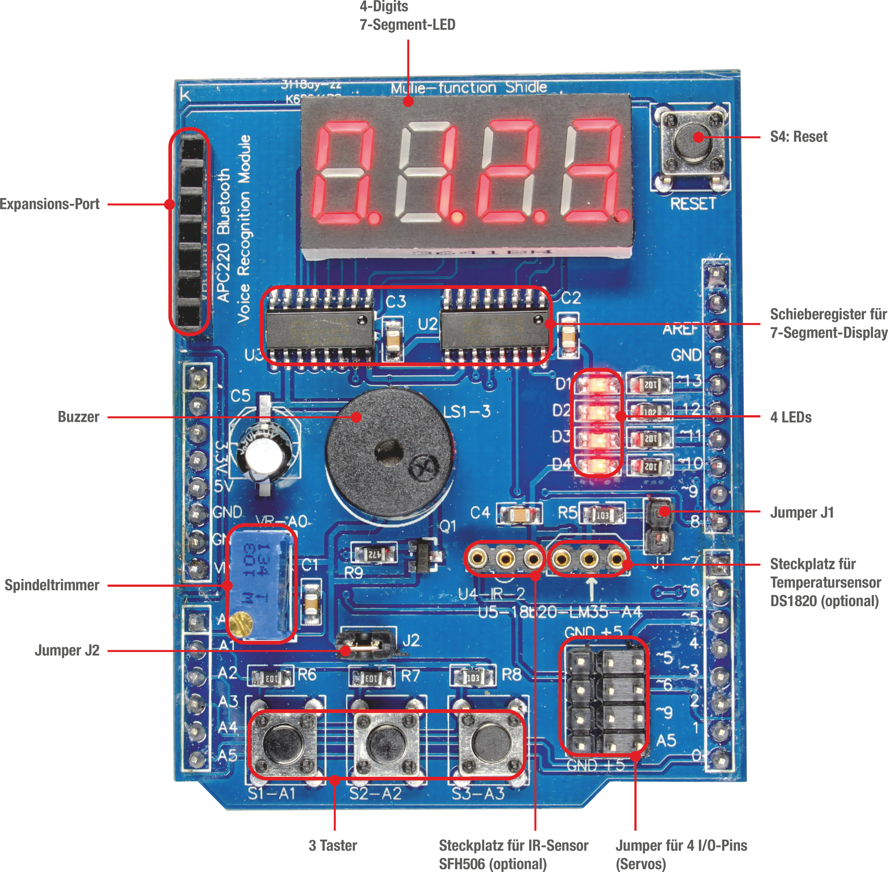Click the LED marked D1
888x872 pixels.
point(597,384)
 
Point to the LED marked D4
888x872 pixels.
point(597,466)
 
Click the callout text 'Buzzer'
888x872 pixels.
point(78,417)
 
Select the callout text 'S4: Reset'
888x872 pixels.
point(798,137)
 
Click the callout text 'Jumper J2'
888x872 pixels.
point(67,650)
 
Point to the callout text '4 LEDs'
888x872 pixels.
point(790,417)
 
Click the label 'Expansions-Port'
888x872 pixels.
point(49,204)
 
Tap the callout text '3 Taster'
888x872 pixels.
point(333,845)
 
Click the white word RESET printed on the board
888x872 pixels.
point(693,204)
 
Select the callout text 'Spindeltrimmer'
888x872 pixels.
point(52,585)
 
